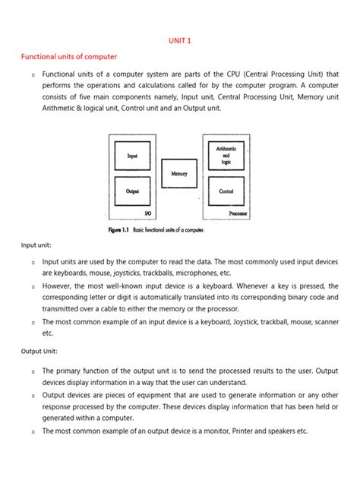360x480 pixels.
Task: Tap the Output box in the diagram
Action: (132, 191)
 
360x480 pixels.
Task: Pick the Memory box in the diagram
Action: (179, 174)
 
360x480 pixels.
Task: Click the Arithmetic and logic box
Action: (226, 156)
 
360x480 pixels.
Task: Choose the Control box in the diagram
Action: (226, 191)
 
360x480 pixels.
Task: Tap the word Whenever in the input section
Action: (250, 286)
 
